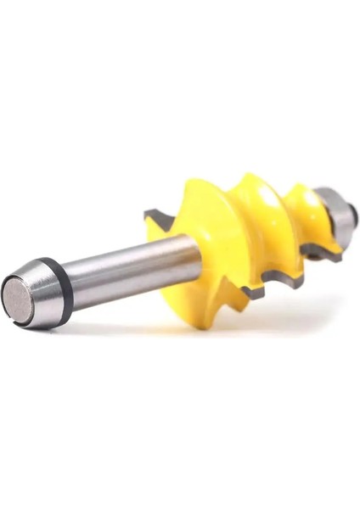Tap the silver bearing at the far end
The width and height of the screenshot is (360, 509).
click(340, 219)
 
